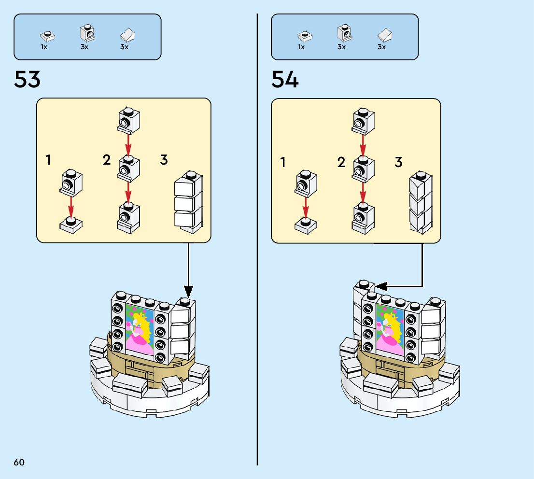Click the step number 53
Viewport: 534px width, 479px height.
[28, 80]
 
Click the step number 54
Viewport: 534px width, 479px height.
[285, 80]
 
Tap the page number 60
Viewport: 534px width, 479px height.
[19, 462]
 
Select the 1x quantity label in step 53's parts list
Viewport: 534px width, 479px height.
[44, 47]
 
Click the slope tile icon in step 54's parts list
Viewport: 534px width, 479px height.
[384, 34]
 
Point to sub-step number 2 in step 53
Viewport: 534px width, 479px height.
[107, 160]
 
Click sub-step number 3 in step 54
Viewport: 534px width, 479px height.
[398, 162]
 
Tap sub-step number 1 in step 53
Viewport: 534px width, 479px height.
[48, 160]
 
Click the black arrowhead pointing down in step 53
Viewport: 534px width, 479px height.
[188, 291]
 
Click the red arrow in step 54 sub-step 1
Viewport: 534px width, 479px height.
[305, 208]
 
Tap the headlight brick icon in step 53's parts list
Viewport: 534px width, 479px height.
[86, 33]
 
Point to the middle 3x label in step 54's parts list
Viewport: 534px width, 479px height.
[341, 47]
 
